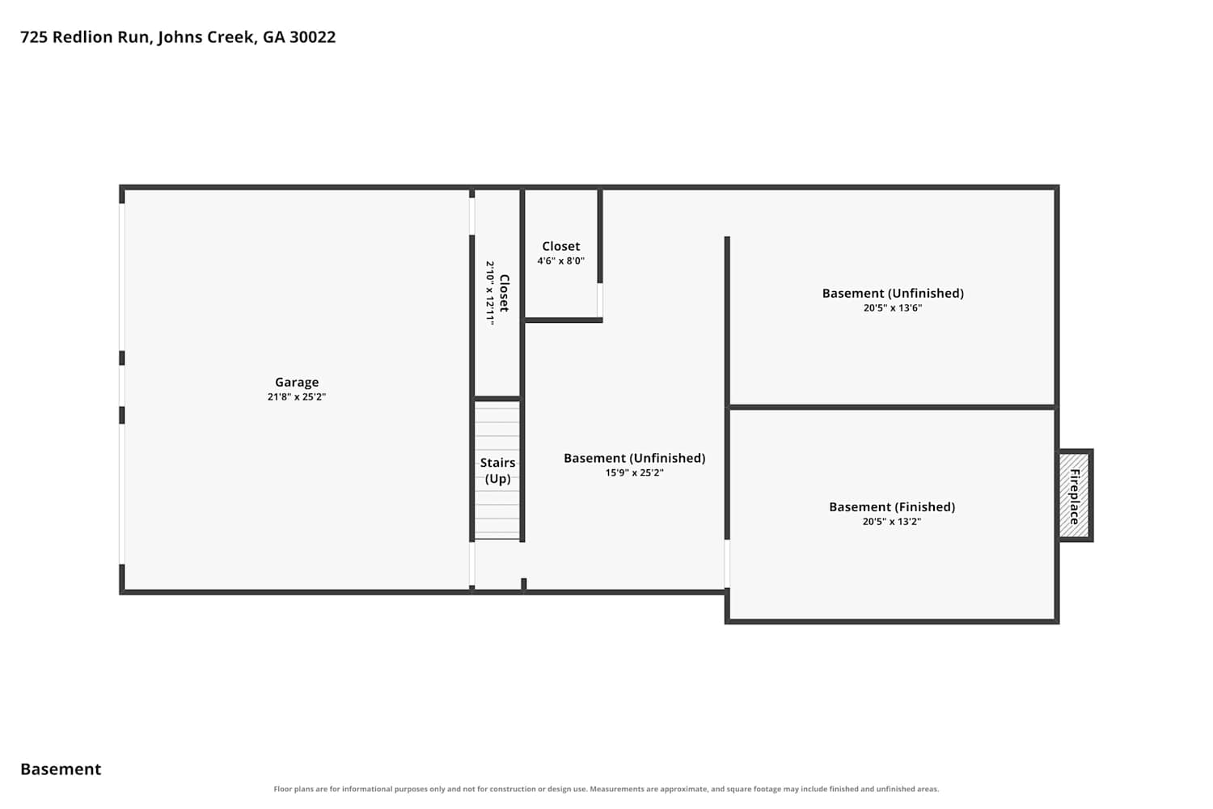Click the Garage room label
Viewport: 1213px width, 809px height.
point(297,383)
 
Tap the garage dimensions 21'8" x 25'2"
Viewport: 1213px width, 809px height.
point(297,396)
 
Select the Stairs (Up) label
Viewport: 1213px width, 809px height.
point(497,470)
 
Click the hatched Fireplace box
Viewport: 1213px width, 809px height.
point(1075,496)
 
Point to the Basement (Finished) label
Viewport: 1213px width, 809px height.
point(892,507)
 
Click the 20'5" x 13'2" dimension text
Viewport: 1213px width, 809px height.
point(892,522)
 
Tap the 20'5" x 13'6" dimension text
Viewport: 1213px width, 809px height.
point(893,307)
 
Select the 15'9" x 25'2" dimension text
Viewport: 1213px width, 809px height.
point(634,472)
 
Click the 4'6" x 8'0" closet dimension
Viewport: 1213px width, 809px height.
point(560,260)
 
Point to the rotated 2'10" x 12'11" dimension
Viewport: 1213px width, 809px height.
point(489,293)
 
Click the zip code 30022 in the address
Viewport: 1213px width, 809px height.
point(312,37)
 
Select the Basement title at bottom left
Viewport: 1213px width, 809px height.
point(61,769)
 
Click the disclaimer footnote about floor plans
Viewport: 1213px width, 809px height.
point(606,789)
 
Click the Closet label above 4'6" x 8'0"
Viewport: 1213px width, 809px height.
point(560,247)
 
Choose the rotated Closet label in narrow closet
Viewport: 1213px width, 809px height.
point(504,293)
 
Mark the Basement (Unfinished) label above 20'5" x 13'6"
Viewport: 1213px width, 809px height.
point(893,294)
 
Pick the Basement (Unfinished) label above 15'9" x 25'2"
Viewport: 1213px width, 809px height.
point(634,459)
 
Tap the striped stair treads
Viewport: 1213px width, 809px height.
point(497,469)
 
